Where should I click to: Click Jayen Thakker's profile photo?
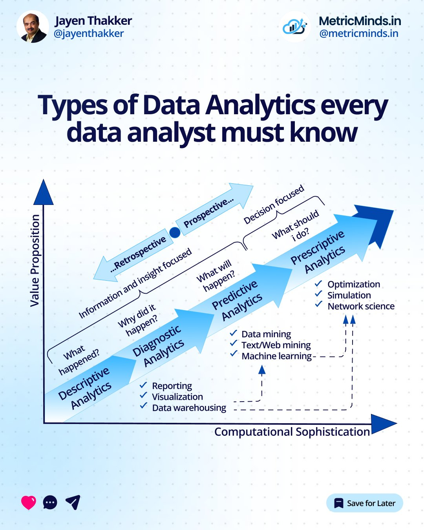coord(33,27)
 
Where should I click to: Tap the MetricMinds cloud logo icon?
coord(295,27)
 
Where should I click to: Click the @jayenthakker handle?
coord(89,34)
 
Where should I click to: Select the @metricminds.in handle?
coord(359,34)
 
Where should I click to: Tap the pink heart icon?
coord(28,503)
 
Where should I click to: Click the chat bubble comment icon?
coord(50,503)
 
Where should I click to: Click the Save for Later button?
coord(364,503)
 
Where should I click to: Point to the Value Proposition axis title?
coord(35,260)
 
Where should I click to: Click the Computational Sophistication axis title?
coord(292,432)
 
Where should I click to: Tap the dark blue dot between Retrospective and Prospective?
coord(175,232)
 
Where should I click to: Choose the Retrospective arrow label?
coord(138,255)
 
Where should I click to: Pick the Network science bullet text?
coord(361,306)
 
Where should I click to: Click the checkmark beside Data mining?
coord(234,333)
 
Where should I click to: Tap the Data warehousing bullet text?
coord(189,408)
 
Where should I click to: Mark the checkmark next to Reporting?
coord(143,385)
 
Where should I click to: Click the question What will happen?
coord(217,276)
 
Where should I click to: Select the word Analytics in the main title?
coord(260,106)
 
